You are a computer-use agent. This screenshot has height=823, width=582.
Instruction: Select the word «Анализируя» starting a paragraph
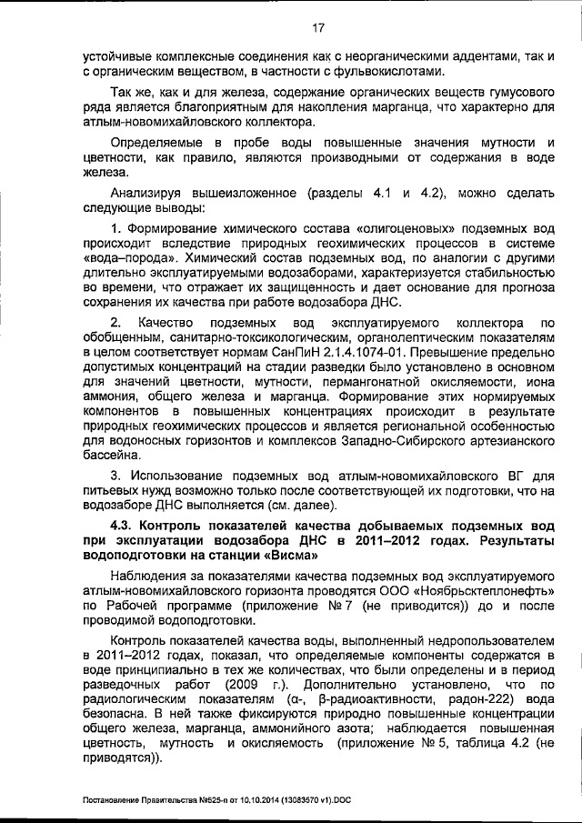(148, 193)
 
